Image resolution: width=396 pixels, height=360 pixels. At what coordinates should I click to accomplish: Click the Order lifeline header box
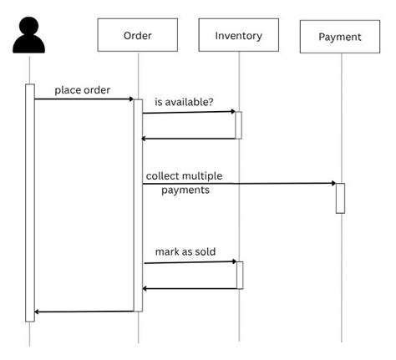138,35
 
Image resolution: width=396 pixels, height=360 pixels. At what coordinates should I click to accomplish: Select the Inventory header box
238,35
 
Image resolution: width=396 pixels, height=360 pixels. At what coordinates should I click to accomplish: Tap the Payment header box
340,37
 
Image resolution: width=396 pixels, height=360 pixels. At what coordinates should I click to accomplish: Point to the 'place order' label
82,90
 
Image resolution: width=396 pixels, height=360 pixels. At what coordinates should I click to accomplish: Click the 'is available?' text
183,103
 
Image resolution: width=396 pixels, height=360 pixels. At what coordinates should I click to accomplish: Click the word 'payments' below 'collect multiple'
185,190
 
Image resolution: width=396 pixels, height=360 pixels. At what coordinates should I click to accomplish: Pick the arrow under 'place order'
84,99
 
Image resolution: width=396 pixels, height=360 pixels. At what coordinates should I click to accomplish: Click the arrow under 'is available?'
189,112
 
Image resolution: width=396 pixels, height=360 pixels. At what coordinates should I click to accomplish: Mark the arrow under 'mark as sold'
190,262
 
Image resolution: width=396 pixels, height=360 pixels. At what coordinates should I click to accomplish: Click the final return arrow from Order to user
84,312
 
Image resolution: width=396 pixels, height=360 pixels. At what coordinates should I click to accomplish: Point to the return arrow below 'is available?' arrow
189,138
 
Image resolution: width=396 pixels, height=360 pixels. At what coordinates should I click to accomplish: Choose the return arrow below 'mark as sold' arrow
190,288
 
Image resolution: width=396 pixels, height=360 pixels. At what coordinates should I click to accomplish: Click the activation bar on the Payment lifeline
340,198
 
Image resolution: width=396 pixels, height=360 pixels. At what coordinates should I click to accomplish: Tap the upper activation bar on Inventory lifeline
238,125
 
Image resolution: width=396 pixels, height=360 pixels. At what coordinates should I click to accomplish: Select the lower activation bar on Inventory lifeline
239,275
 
